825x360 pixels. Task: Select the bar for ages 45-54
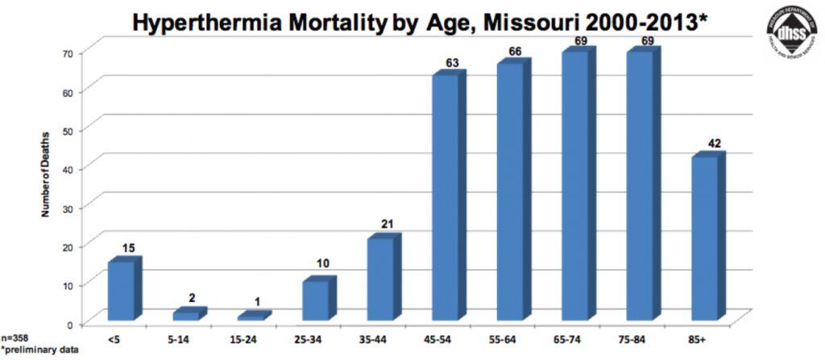coord(446,197)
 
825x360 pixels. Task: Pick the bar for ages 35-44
coord(381,279)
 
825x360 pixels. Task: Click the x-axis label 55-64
coord(506,341)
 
